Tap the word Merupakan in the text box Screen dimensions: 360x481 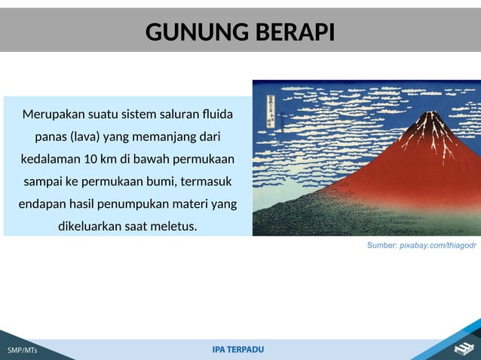coord(53,115)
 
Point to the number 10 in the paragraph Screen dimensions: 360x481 coord(90,160)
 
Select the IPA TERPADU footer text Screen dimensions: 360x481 coord(238,349)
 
